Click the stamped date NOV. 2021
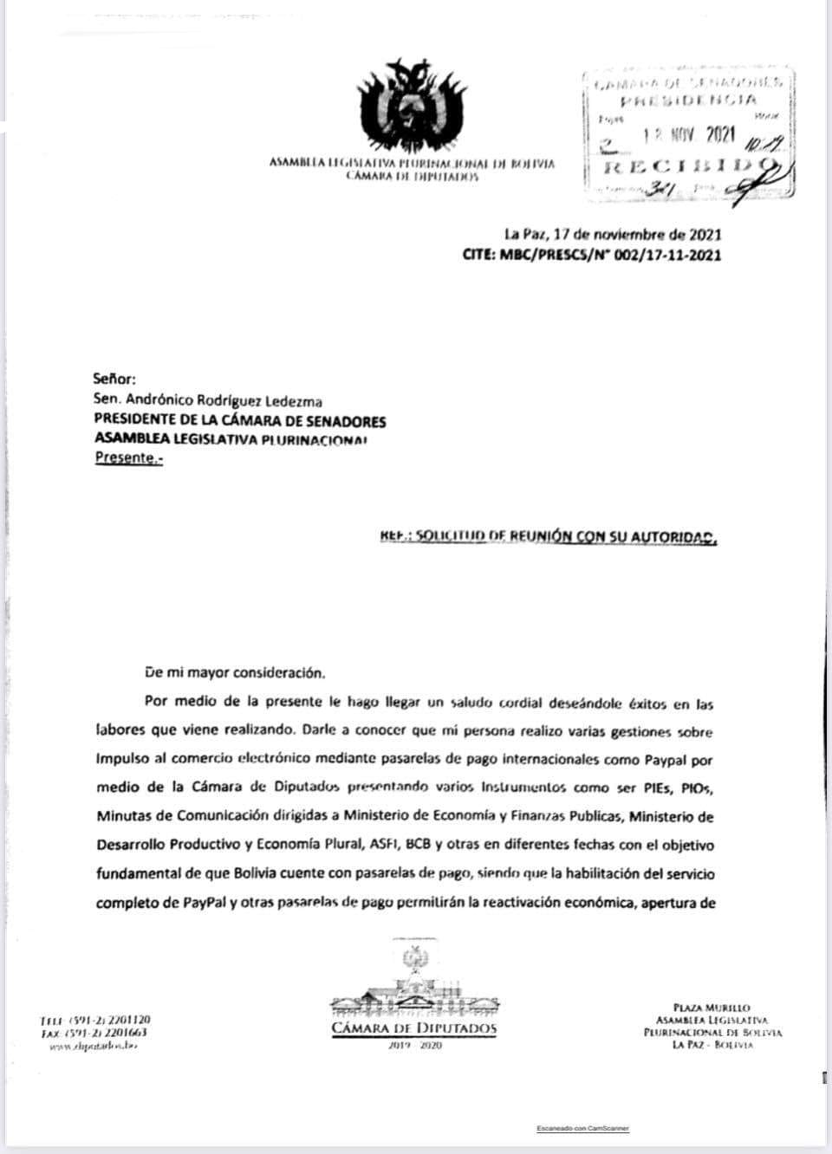tap(689, 134)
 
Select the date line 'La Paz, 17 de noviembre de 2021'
tap(613, 234)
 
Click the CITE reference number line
tap(592, 255)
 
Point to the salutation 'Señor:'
tap(114, 379)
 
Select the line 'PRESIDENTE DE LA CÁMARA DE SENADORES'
tap(240, 421)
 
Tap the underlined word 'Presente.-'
tap(128, 458)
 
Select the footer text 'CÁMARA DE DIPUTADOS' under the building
tap(413, 1028)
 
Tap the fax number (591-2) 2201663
tap(107, 1033)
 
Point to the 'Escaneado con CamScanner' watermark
tap(582, 1128)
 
